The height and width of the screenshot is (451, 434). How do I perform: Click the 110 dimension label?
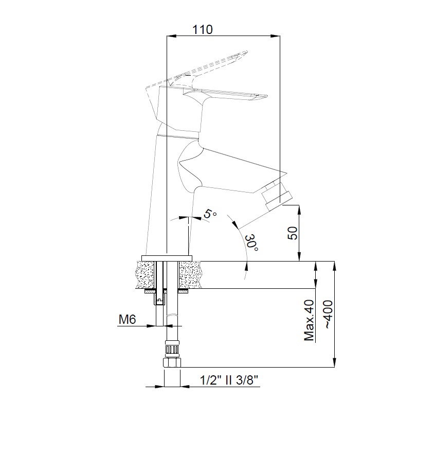pos(203,29)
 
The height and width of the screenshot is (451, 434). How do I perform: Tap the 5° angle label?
pos(210,214)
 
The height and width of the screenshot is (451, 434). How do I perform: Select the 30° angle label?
pos(251,242)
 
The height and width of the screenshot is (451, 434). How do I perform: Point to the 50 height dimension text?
pos(293,233)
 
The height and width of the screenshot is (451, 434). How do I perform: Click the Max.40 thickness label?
pos(309,320)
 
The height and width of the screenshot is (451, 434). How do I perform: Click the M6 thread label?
pos(127,319)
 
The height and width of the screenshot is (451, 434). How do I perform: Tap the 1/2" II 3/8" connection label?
pos(229,380)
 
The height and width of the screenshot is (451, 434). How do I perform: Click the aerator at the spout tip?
pos(277,196)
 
